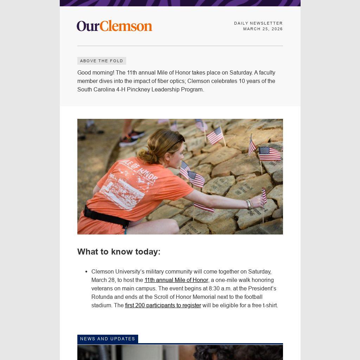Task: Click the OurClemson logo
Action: [114, 26]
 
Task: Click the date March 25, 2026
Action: [263, 29]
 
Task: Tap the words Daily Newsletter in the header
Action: [258, 23]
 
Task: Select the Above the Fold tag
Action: [102, 61]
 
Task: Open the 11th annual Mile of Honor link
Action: [176, 280]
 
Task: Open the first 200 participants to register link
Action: [163, 306]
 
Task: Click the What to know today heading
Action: [119, 252]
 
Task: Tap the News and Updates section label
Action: [108, 339]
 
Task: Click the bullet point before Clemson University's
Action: [86, 272]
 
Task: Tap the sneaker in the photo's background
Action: [132, 138]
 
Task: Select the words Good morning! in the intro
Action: [96, 73]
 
